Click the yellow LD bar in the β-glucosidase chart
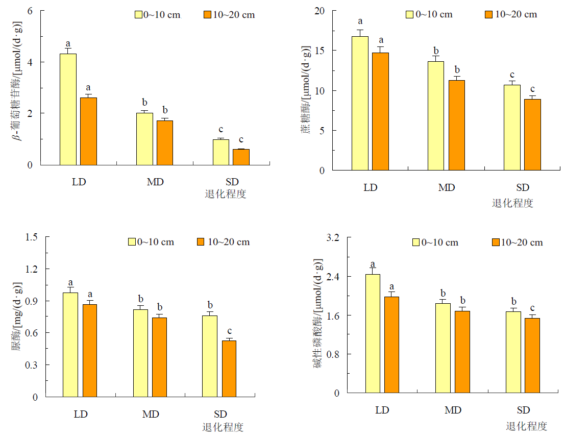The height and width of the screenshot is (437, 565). [x=68, y=109]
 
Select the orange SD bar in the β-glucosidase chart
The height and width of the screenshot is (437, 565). [x=241, y=157]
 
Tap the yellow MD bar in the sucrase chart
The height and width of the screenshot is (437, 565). [x=435, y=116]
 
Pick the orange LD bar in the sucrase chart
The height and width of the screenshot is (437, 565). [x=380, y=111]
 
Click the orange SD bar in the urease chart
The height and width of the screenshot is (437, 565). [x=229, y=369]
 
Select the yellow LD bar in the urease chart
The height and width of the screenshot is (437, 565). [x=70, y=345]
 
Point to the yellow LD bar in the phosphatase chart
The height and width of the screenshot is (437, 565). [x=373, y=333]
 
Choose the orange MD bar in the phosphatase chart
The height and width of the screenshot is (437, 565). [x=462, y=352]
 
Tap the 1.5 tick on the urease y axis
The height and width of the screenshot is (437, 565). [x=32, y=237]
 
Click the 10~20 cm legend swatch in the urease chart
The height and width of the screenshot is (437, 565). [x=200, y=242]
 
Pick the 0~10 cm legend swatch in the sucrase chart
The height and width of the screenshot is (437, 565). [x=409, y=14]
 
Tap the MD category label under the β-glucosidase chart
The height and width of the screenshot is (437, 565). [x=155, y=182]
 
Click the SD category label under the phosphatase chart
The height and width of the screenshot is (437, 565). [x=523, y=410]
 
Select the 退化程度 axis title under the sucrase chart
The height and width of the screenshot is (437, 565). [x=512, y=203]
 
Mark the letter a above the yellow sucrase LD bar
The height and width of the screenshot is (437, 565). [x=360, y=21]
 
